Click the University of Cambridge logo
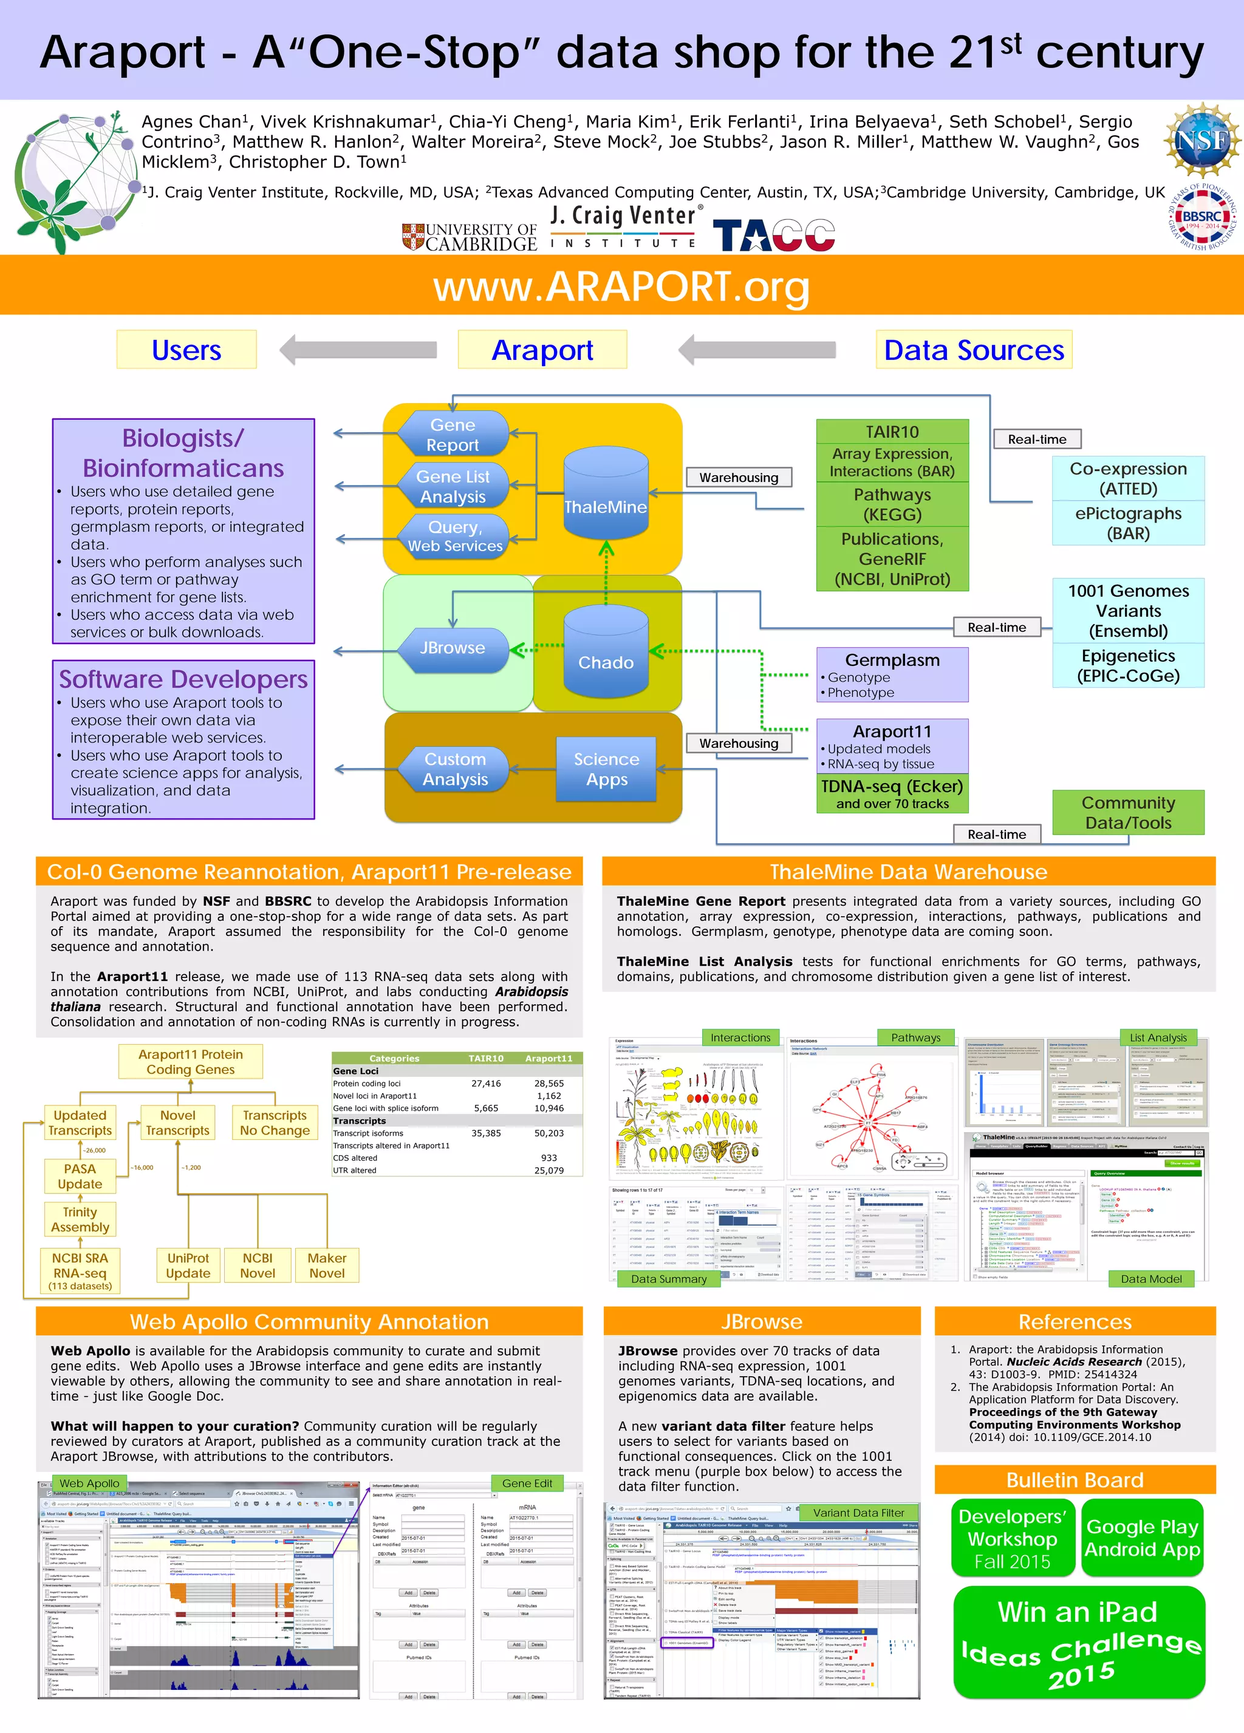pos(470,237)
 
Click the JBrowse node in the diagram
pos(453,649)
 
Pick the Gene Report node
pos(453,435)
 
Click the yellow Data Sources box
pos(973,350)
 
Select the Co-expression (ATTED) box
pos(1128,478)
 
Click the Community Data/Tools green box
pos(1128,812)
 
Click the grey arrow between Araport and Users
pos(358,350)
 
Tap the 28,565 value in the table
pos(549,1084)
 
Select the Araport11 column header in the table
pos(549,1058)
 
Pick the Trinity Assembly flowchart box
pos(80,1219)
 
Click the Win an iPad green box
pos(1079,1641)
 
